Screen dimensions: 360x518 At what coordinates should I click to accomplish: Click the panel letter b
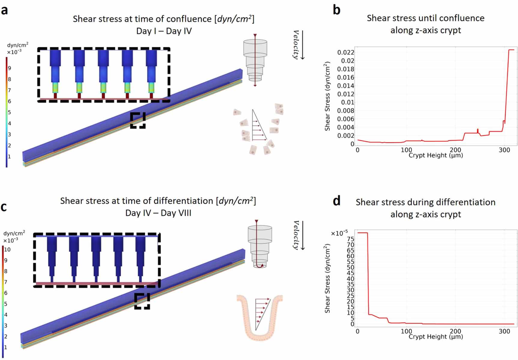pyautogui.click(x=336, y=10)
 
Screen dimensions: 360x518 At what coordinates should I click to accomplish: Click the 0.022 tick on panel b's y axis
pyautogui.click(x=346, y=52)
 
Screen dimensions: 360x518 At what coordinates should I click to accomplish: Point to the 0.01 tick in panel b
pyautogui.click(x=348, y=102)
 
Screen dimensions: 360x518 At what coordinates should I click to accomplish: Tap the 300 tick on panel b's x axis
pyautogui.click(x=504, y=150)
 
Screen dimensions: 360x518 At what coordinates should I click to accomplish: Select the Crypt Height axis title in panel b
pyautogui.click(x=435, y=155)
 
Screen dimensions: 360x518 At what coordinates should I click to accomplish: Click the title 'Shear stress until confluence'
pyautogui.click(x=425, y=18)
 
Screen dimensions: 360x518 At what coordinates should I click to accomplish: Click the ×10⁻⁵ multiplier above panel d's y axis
pyautogui.click(x=339, y=233)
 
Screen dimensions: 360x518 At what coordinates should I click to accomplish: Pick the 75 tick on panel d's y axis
pyautogui.click(x=350, y=239)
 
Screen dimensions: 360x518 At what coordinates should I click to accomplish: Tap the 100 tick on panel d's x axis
pyautogui.click(x=406, y=331)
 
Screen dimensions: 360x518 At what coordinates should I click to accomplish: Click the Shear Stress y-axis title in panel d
pyautogui.click(x=327, y=279)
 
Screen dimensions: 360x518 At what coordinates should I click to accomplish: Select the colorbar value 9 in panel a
pyautogui.click(x=9, y=68)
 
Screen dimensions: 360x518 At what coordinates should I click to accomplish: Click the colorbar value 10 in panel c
pyautogui.click(x=7, y=250)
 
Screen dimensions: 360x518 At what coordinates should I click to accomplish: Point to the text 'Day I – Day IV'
pyautogui.click(x=164, y=31)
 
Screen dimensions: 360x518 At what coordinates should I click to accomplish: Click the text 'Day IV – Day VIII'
pyautogui.click(x=158, y=213)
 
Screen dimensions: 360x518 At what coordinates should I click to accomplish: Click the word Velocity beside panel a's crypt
pyautogui.click(x=296, y=44)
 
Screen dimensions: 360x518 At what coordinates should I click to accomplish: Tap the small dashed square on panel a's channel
pyautogui.click(x=138, y=120)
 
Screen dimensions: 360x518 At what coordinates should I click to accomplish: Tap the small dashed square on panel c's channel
pyautogui.click(x=142, y=301)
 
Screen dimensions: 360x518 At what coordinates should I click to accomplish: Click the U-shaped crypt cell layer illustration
pyautogui.click(x=260, y=318)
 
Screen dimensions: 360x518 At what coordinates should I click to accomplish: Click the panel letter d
pyautogui.click(x=336, y=201)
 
